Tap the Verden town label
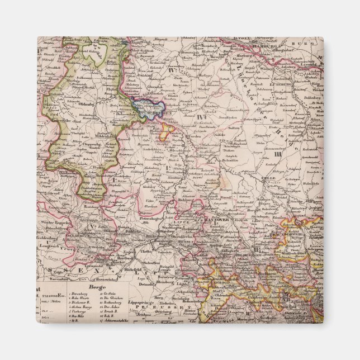[193, 137]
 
